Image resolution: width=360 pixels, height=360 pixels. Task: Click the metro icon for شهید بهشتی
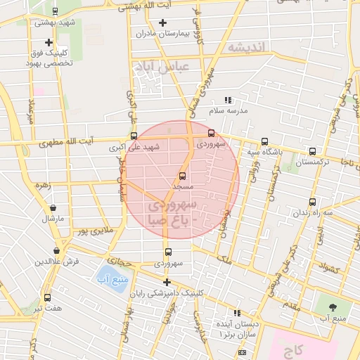56,11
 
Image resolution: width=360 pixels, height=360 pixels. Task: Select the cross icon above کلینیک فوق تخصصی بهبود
48,43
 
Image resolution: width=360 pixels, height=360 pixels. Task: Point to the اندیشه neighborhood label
247,47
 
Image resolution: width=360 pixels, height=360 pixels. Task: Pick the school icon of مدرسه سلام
227,101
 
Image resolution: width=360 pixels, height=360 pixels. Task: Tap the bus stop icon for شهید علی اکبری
134,136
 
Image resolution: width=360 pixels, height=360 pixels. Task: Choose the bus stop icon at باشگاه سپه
264,141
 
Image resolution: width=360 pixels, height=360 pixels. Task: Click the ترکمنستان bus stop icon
311,150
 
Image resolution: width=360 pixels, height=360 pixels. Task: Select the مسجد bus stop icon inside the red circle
183,176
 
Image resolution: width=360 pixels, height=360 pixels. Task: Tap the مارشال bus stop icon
52,207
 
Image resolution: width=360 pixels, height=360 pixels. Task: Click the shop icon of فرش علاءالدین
56,251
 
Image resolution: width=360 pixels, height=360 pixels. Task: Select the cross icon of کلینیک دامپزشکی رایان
167,282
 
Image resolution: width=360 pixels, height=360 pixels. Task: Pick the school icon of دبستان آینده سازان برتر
237,312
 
